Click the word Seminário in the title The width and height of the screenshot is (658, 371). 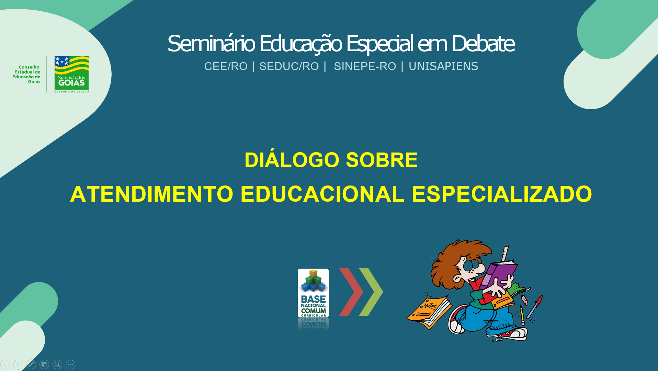211,44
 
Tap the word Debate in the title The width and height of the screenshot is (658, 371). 483,44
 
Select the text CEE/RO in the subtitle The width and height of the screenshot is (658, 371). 226,66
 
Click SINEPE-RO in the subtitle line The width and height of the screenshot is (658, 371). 365,66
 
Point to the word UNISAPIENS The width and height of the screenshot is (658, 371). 443,66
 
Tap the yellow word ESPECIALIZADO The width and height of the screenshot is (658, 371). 502,194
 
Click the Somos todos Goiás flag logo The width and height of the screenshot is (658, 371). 71,74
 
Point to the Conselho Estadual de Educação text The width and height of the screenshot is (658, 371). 26,75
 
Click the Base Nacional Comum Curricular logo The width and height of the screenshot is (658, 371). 313,293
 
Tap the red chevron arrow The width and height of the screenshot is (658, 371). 351,292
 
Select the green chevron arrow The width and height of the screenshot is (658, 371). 371,292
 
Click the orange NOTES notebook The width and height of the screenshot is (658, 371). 429,311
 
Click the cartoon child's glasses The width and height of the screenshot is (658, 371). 472,265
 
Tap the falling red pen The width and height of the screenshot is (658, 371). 535,307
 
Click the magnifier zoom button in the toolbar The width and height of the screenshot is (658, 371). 57,364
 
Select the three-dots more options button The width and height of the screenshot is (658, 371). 70,364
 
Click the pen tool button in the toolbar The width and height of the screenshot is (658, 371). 31,364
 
